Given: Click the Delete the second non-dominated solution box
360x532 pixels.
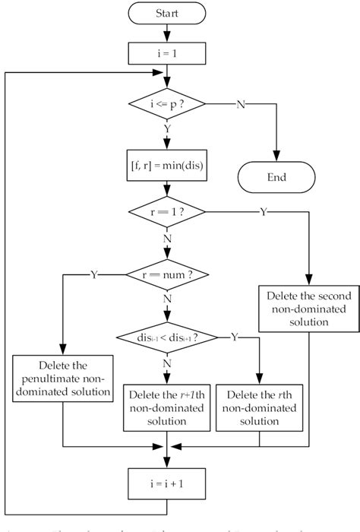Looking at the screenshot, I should pos(310,307).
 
